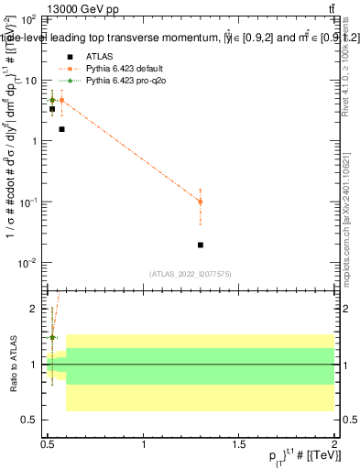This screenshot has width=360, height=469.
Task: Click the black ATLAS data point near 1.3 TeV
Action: (201, 245)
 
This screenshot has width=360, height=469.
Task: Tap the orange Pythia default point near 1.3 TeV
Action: (201, 202)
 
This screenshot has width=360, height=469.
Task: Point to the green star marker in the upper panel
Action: (52, 100)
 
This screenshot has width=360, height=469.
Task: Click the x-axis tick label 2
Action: (333, 443)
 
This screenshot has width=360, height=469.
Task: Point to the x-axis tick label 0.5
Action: (48, 443)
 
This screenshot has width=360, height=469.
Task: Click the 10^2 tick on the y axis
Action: (28, 19)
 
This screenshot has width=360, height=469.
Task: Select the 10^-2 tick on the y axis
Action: (28, 263)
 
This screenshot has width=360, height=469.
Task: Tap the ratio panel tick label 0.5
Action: (32, 420)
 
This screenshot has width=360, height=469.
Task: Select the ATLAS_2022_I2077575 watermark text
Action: (191, 273)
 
